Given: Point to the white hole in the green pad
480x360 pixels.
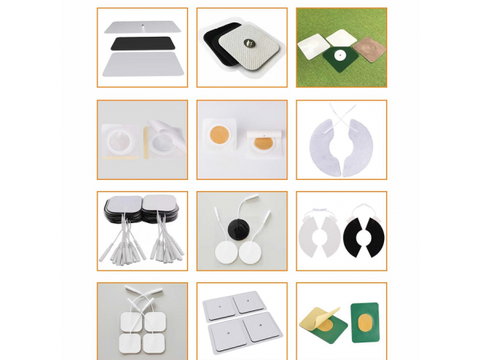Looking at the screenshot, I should click(x=340, y=56).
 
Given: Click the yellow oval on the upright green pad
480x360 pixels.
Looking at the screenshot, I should click(x=363, y=324).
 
